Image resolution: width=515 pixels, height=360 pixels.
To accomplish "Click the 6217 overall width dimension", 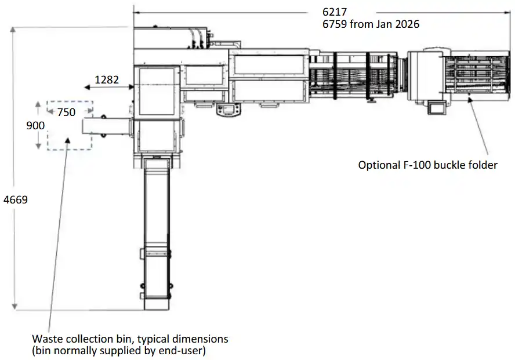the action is click(335, 12).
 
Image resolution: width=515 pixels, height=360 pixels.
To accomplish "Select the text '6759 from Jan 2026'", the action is click(371, 24).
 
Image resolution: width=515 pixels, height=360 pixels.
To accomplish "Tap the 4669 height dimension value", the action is click(16, 199).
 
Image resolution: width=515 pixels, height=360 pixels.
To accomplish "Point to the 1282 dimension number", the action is click(107, 80).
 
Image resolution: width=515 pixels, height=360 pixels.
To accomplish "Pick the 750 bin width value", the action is click(66, 112).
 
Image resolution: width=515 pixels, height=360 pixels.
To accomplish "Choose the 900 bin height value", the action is click(35, 125).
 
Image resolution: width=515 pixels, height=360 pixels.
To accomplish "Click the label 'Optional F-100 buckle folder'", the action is click(427, 165).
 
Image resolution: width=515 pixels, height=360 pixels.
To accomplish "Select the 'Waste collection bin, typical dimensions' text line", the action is click(130, 339).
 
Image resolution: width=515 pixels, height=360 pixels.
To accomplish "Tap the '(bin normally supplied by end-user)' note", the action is click(119, 351).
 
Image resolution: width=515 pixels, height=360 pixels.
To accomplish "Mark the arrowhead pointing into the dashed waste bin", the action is click(68, 140).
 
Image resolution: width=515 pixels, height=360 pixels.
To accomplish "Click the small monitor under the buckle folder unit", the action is click(437, 108).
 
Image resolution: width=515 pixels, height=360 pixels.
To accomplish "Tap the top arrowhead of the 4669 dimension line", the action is click(13, 30).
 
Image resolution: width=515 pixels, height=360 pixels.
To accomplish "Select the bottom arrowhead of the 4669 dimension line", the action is click(14, 307).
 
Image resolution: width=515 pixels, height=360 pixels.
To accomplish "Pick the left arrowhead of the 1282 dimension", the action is click(87, 88).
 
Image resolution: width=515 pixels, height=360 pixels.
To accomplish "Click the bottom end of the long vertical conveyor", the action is click(157, 309).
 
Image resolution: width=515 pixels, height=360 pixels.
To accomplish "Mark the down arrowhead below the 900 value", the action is click(38, 146).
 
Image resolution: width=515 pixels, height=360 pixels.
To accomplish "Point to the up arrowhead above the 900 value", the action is click(38, 104).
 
